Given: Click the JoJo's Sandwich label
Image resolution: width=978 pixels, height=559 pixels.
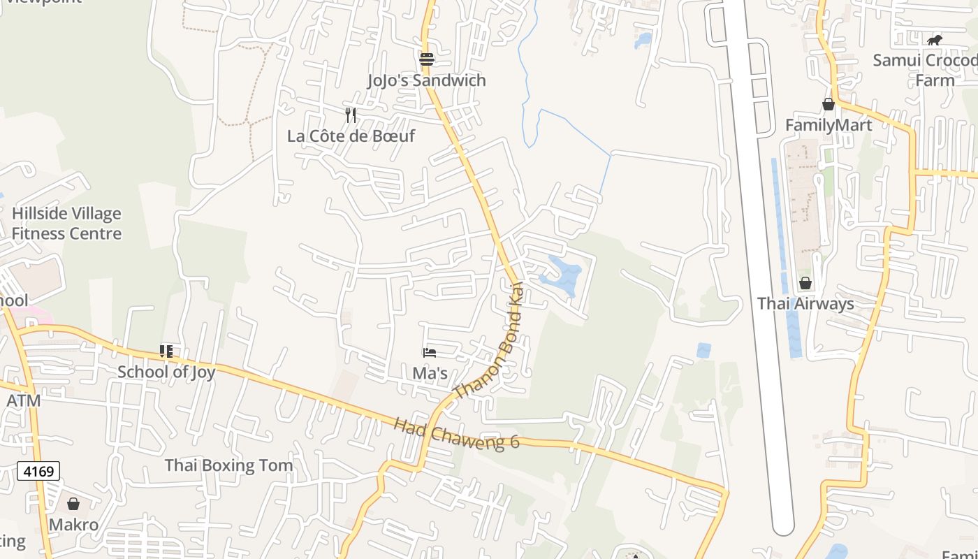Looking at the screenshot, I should click(x=427, y=80).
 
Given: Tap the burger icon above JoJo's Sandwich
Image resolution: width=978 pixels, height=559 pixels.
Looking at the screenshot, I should click(x=427, y=59).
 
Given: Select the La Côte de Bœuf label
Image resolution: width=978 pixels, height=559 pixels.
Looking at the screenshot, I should click(x=351, y=136).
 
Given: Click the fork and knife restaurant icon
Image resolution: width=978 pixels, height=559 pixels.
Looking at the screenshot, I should click(x=351, y=115).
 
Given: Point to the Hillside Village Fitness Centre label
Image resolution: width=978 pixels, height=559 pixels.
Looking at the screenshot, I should click(x=66, y=224).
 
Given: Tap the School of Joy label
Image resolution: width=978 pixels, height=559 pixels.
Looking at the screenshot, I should click(x=166, y=372).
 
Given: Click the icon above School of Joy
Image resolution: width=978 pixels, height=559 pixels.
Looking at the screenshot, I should click(x=166, y=351).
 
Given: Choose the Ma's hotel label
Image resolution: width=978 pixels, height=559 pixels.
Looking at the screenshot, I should click(x=430, y=373).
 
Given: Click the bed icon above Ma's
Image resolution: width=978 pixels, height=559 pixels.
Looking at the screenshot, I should click(x=430, y=352).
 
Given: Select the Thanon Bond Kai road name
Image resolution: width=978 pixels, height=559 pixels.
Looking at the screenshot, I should click(x=490, y=342).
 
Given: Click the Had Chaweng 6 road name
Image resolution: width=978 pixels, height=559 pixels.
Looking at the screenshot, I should click(x=457, y=434).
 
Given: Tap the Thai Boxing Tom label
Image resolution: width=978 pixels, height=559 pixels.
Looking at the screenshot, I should click(x=228, y=465).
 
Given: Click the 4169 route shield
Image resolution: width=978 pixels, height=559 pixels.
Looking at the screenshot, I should click(x=38, y=472).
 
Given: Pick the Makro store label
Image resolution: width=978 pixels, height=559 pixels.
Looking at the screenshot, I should click(x=73, y=525).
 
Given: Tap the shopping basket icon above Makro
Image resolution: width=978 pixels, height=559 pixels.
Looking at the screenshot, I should click(x=73, y=504).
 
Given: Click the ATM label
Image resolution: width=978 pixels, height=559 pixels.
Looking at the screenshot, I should click(x=23, y=401).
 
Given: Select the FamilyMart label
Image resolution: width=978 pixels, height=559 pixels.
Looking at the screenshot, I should click(x=829, y=125).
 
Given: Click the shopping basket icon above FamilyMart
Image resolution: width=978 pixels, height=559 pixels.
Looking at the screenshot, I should click(x=829, y=104).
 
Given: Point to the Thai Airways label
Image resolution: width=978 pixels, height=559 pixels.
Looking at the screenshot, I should click(x=805, y=304).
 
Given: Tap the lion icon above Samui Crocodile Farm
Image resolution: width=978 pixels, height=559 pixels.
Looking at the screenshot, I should click(x=935, y=40).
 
